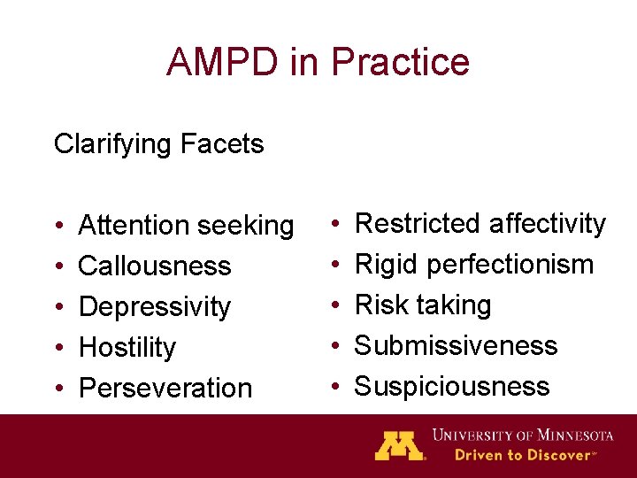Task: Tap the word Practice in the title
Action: click(x=400, y=62)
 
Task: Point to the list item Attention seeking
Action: click(x=186, y=226)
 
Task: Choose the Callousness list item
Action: click(x=155, y=266)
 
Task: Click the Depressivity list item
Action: click(x=155, y=307)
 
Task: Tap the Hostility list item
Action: click(x=127, y=347)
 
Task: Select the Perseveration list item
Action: click(x=165, y=388)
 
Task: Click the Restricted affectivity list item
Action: click(x=480, y=223)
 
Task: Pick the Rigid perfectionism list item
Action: click(x=473, y=264)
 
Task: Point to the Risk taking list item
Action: click(x=422, y=305)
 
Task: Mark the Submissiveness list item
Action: click(x=456, y=345)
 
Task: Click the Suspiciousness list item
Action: click(x=451, y=386)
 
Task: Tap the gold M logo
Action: click(x=398, y=444)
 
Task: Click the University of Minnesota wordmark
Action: click(x=522, y=435)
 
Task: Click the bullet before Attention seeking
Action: click(x=58, y=227)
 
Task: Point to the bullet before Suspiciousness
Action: click(x=334, y=387)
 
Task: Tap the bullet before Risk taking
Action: click(x=334, y=305)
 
